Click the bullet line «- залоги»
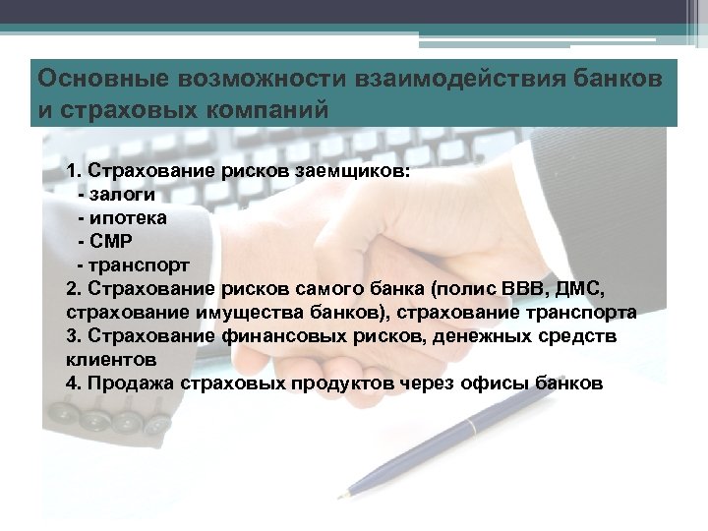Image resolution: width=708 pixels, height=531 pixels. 123,194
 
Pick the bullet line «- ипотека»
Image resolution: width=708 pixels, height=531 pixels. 123,217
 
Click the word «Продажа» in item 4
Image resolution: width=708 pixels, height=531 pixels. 128,383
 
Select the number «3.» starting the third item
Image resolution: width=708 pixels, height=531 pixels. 74,336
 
